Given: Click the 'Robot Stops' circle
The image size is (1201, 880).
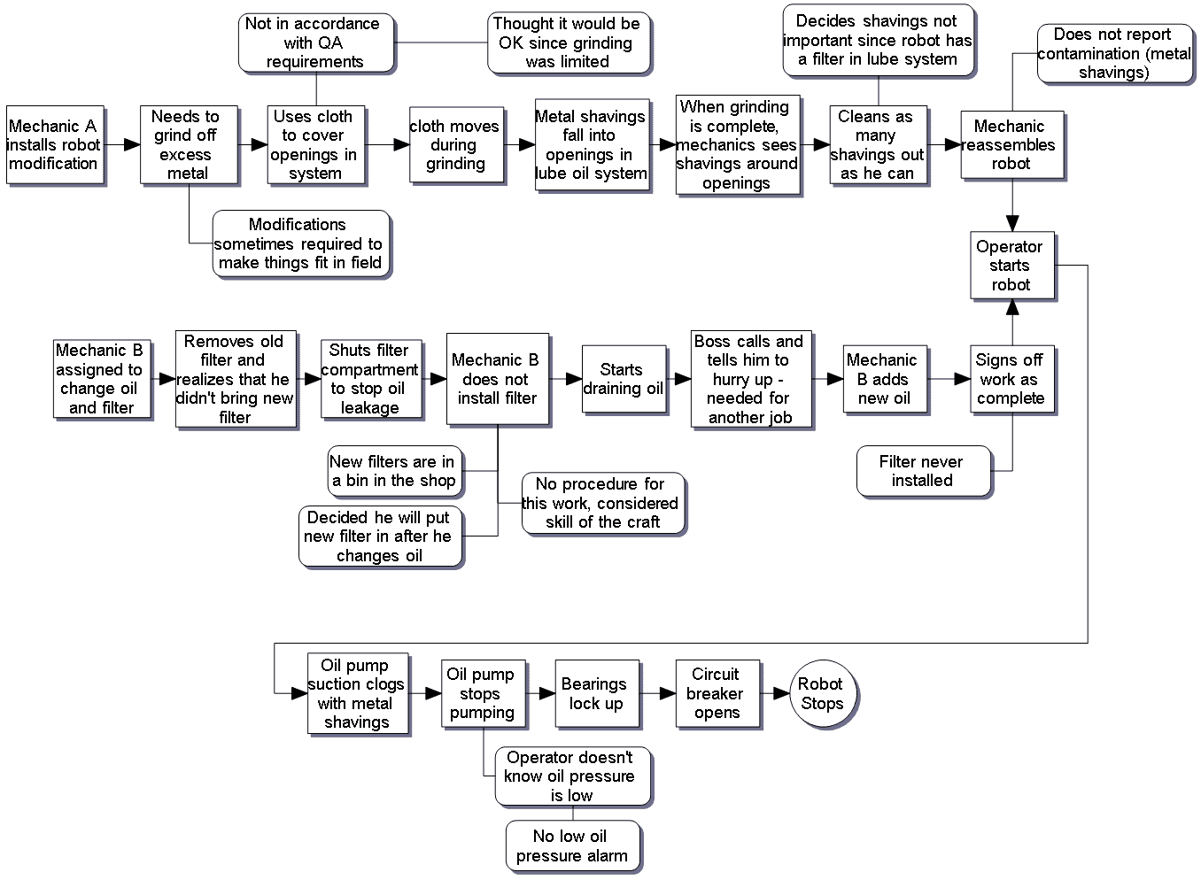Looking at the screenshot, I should click(823, 694).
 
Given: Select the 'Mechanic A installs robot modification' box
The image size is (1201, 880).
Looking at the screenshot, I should click(55, 145).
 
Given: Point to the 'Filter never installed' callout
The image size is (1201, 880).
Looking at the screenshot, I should click(923, 471).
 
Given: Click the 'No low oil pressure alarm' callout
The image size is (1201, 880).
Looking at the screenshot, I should click(572, 846).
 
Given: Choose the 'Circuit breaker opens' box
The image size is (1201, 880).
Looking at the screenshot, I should click(717, 694).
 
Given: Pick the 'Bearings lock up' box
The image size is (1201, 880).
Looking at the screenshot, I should click(596, 694).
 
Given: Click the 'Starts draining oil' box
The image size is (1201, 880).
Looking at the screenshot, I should click(624, 379).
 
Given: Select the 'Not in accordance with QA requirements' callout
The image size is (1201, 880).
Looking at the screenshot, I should click(315, 42).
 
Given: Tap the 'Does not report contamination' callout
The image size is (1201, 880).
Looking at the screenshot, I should click(1114, 54).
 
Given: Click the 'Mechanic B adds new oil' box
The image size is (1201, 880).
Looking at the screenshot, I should click(884, 379).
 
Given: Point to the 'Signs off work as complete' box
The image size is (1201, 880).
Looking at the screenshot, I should click(1011, 379).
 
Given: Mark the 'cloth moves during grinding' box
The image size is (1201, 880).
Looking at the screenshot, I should click(455, 145).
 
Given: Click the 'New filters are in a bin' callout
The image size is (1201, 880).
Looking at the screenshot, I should click(394, 471).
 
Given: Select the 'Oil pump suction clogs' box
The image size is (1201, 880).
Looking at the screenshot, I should click(357, 694).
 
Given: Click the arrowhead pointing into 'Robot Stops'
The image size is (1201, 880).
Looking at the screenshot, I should click(781, 694).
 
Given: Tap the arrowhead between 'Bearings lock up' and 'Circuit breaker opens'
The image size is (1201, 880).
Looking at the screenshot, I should click(668, 694).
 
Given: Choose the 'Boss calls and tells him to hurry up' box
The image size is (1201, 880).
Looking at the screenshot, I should click(750, 379).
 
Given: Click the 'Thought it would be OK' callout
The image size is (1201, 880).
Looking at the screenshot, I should click(568, 42).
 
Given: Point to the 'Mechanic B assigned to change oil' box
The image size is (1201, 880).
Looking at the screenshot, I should click(101, 379).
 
